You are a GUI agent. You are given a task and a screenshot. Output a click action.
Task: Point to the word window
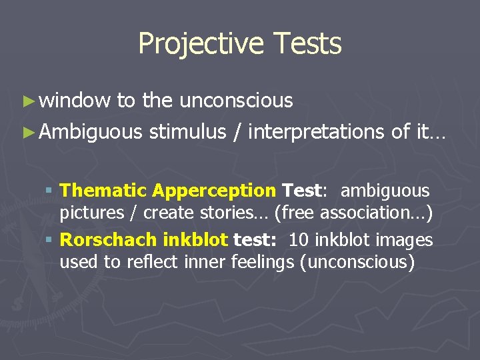(75, 101)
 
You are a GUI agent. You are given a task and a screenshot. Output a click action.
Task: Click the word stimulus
(187, 132)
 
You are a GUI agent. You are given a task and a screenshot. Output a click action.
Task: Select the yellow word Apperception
(213, 191)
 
